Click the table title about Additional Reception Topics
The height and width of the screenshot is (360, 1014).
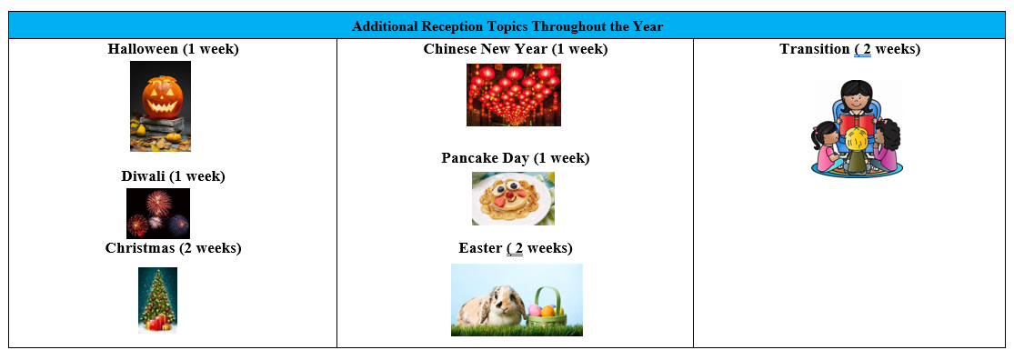point(507,26)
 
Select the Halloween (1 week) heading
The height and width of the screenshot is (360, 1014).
point(174,49)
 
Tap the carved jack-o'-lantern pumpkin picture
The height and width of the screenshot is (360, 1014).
point(160,106)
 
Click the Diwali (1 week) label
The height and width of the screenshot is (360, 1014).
point(174,176)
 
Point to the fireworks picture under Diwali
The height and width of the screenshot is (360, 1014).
point(158,214)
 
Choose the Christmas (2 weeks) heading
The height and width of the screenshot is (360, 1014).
point(174,248)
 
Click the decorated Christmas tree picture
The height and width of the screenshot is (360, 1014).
point(158,300)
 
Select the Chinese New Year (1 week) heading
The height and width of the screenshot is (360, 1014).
point(516,49)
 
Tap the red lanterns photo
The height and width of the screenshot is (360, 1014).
point(514,95)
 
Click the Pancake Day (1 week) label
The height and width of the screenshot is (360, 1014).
point(516,158)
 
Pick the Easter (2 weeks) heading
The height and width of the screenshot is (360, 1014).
point(516,248)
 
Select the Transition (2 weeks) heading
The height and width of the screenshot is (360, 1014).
point(849,49)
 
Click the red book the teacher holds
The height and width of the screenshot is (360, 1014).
point(856,123)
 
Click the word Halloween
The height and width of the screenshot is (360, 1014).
point(143,49)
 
